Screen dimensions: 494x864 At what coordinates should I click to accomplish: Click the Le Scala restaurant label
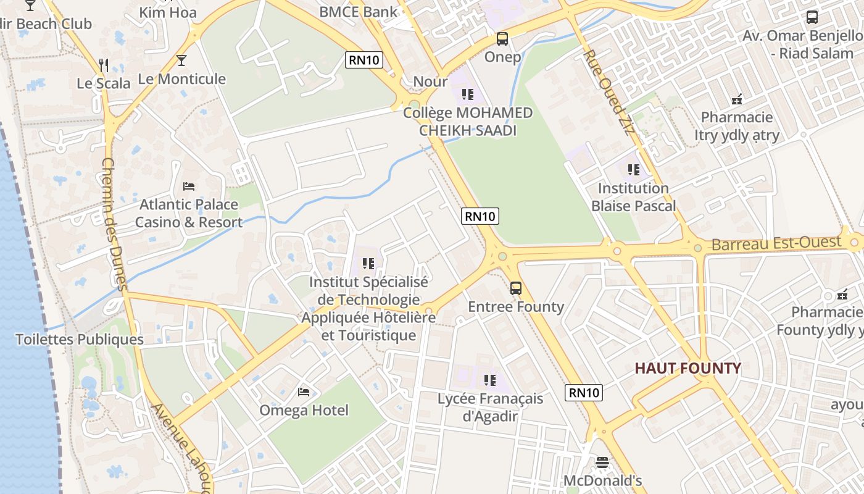click(104, 83)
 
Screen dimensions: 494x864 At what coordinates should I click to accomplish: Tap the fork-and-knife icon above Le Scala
click(104, 65)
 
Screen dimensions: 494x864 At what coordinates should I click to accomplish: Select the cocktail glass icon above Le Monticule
click(181, 61)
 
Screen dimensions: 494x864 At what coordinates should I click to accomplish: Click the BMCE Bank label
click(359, 12)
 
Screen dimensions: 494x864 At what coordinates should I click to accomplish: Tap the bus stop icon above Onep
click(502, 39)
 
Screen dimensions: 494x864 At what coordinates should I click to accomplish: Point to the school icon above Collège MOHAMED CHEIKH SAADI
click(468, 94)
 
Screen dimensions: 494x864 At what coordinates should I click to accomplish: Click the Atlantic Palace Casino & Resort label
click(189, 213)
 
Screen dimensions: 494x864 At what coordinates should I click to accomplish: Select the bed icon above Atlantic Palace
click(189, 186)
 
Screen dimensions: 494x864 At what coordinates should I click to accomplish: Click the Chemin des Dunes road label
click(114, 224)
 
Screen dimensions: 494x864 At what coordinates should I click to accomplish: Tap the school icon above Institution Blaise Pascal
click(633, 169)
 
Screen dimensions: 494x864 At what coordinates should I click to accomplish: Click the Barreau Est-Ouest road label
click(776, 243)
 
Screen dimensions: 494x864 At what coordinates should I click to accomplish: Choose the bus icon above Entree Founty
click(516, 288)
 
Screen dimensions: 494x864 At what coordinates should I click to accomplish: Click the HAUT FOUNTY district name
click(687, 369)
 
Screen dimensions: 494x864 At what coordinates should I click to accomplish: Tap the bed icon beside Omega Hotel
click(304, 391)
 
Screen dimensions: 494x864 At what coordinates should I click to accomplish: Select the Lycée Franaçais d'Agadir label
click(491, 407)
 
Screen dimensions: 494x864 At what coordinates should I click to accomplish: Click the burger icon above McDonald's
click(602, 462)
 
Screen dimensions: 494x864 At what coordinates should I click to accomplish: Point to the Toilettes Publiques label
click(80, 339)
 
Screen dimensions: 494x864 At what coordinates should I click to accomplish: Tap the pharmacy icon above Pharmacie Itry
click(736, 99)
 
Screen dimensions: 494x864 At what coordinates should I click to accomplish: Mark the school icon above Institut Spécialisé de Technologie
click(368, 264)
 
